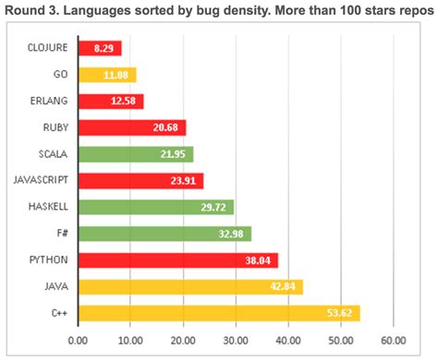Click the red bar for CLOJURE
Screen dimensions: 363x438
100,48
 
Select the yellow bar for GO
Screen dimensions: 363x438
107,75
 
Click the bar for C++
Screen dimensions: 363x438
218,313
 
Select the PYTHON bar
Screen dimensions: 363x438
177,260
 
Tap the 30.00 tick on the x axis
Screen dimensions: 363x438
236,340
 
